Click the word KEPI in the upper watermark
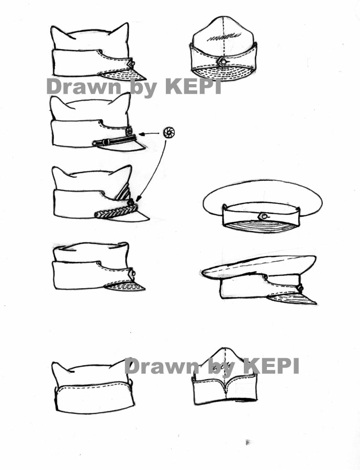194,86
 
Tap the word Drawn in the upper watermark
84,87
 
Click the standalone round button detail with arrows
169,132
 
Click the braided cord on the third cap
116,210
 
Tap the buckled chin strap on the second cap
114,140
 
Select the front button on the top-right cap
223,62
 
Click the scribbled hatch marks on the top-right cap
224,37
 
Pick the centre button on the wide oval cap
263,216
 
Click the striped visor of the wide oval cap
261,227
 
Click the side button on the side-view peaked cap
300,289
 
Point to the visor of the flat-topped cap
126,286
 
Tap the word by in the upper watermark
144,88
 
